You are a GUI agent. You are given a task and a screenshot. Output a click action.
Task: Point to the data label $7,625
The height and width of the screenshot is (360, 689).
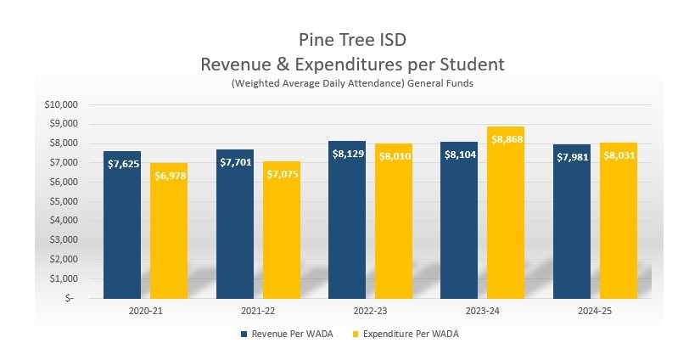122,163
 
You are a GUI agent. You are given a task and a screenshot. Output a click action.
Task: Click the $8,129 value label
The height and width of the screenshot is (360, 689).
347,154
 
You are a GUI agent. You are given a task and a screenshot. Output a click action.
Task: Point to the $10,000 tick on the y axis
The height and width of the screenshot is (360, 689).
60,104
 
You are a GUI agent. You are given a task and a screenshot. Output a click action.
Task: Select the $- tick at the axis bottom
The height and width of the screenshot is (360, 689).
71,298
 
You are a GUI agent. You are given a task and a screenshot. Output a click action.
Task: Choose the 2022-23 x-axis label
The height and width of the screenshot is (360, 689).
370,311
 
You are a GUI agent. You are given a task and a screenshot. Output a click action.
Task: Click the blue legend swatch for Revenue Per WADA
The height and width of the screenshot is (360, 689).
244,335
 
